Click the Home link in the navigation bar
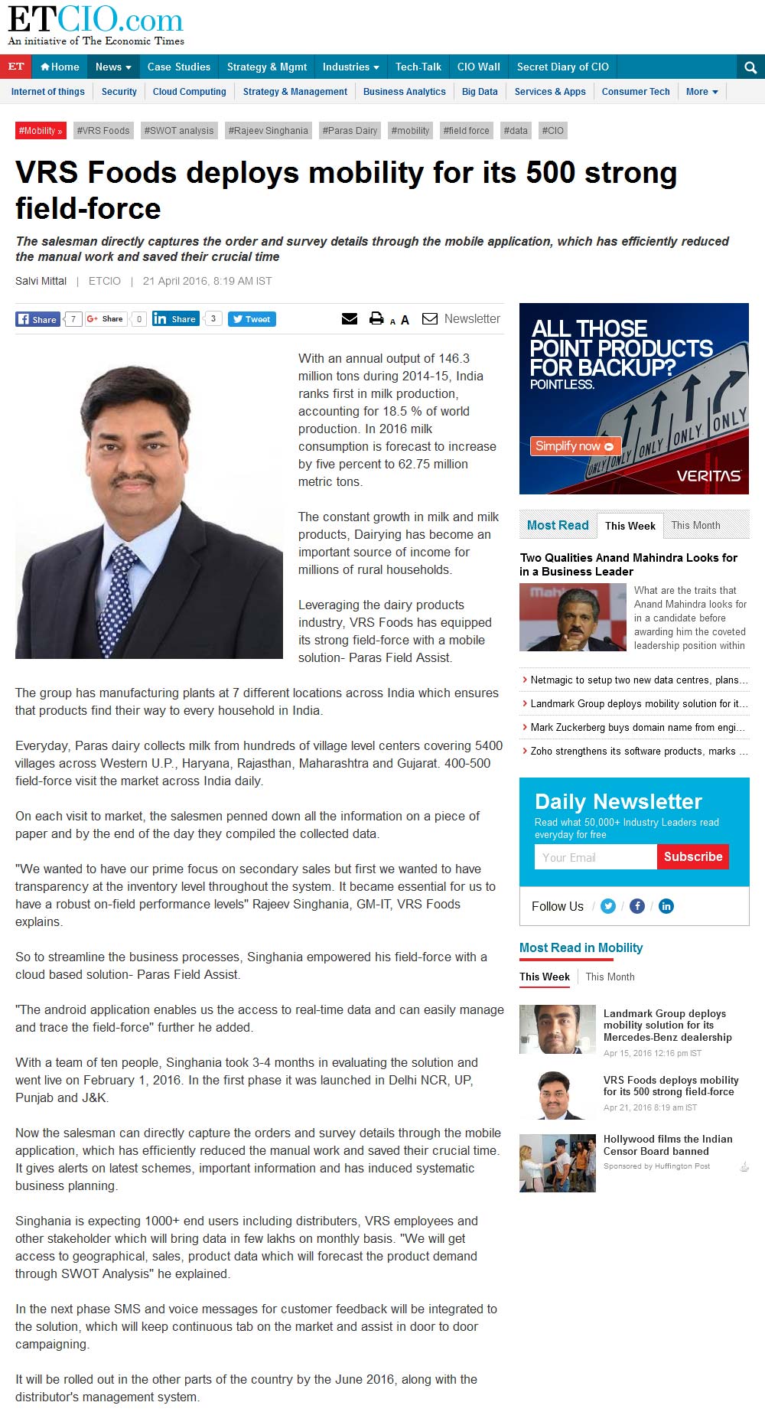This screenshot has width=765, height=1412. click(x=60, y=67)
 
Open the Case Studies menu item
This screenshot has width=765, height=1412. click(x=178, y=67)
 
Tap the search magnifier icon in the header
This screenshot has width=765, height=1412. click(x=750, y=68)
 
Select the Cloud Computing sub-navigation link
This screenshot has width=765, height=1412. click(x=189, y=92)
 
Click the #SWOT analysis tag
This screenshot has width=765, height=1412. click(x=179, y=131)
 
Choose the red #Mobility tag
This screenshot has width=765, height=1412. click(x=41, y=131)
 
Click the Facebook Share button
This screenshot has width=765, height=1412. click(x=37, y=319)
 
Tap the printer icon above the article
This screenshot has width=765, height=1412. click(x=376, y=318)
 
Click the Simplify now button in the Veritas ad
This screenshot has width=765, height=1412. click(x=575, y=446)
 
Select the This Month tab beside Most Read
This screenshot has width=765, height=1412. click(x=695, y=526)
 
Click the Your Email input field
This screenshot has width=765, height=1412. click(x=595, y=857)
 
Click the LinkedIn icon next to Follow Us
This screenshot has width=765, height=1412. click(x=666, y=906)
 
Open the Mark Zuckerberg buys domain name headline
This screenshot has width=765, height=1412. click(x=637, y=728)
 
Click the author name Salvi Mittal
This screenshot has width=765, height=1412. click(x=41, y=281)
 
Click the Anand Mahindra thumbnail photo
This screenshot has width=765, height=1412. click(x=572, y=618)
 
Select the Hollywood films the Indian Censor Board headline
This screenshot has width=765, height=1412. click(x=667, y=1145)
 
